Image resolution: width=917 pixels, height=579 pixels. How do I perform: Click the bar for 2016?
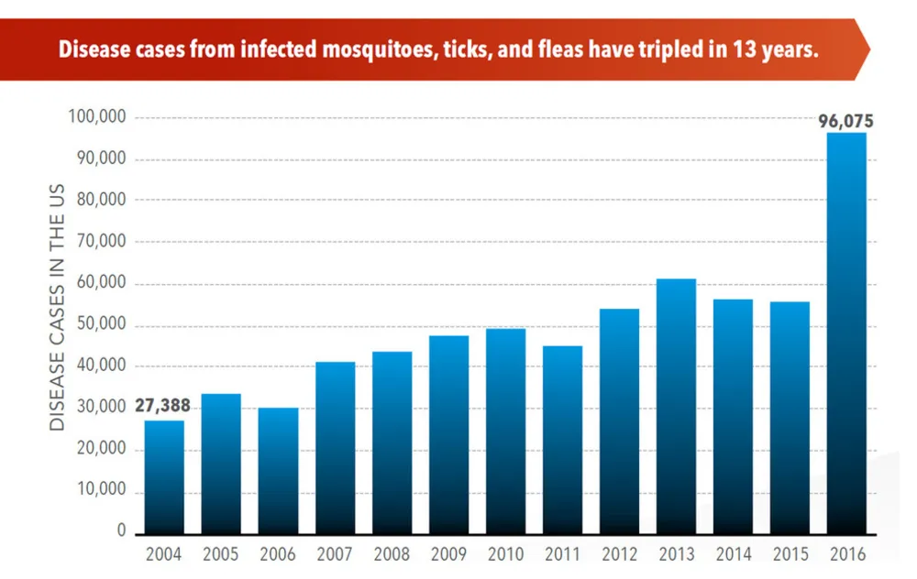click(x=846, y=334)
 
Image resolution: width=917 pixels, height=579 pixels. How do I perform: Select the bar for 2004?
click(x=164, y=477)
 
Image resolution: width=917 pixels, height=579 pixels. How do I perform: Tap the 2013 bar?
click(x=676, y=407)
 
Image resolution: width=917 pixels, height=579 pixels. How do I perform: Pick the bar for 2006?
click(x=278, y=471)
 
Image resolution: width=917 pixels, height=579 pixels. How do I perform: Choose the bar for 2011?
click(x=562, y=440)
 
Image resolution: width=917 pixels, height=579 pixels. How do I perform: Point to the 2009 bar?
click(x=448, y=435)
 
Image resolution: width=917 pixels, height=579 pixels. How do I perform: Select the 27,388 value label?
click(x=164, y=407)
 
